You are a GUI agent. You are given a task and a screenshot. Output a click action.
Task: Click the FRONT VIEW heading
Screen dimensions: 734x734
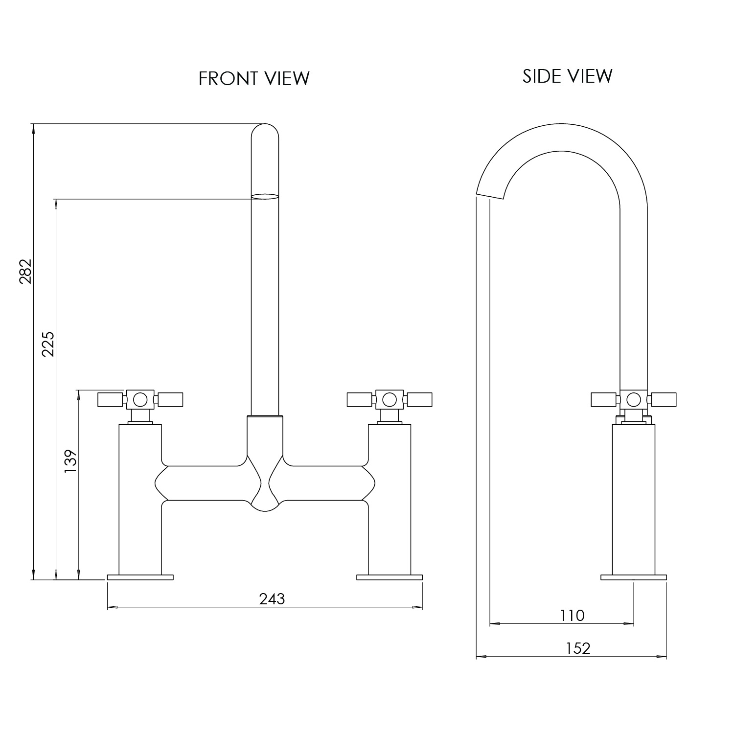[x=254, y=78]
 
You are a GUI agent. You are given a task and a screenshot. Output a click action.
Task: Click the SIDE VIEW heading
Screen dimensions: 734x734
[x=567, y=76]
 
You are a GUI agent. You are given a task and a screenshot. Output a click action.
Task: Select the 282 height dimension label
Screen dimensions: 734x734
[x=25, y=271]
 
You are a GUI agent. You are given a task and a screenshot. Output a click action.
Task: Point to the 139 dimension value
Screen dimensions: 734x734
[x=71, y=461]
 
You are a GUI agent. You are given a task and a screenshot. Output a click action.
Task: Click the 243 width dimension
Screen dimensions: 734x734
[x=272, y=598]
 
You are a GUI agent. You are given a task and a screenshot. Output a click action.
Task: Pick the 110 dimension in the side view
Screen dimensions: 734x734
[x=572, y=615]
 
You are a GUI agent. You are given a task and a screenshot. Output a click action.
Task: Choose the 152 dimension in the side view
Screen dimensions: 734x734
[x=578, y=648]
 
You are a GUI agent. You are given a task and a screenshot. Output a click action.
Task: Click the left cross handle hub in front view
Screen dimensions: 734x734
[x=140, y=400]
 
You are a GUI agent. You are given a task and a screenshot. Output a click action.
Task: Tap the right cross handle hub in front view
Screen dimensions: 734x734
[x=390, y=400]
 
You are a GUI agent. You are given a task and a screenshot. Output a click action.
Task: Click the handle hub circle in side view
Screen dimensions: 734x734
[x=634, y=400]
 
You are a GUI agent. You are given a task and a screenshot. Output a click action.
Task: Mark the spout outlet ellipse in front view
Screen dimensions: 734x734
[x=265, y=197]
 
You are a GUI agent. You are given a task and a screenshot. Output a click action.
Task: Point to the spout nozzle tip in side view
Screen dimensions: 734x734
[x=490, y=194]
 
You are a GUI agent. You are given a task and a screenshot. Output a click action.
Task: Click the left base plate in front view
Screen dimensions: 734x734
[x=140, y=577]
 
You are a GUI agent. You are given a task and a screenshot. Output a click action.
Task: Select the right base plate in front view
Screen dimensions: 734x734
[x=390, y=577]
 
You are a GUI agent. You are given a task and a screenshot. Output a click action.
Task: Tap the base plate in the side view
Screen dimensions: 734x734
[x=634, y=577]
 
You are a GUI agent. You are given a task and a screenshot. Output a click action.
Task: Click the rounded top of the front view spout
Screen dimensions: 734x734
[x=265, y=131]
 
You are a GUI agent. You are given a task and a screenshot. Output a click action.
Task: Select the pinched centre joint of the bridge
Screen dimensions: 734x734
[x=265, y=484]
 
